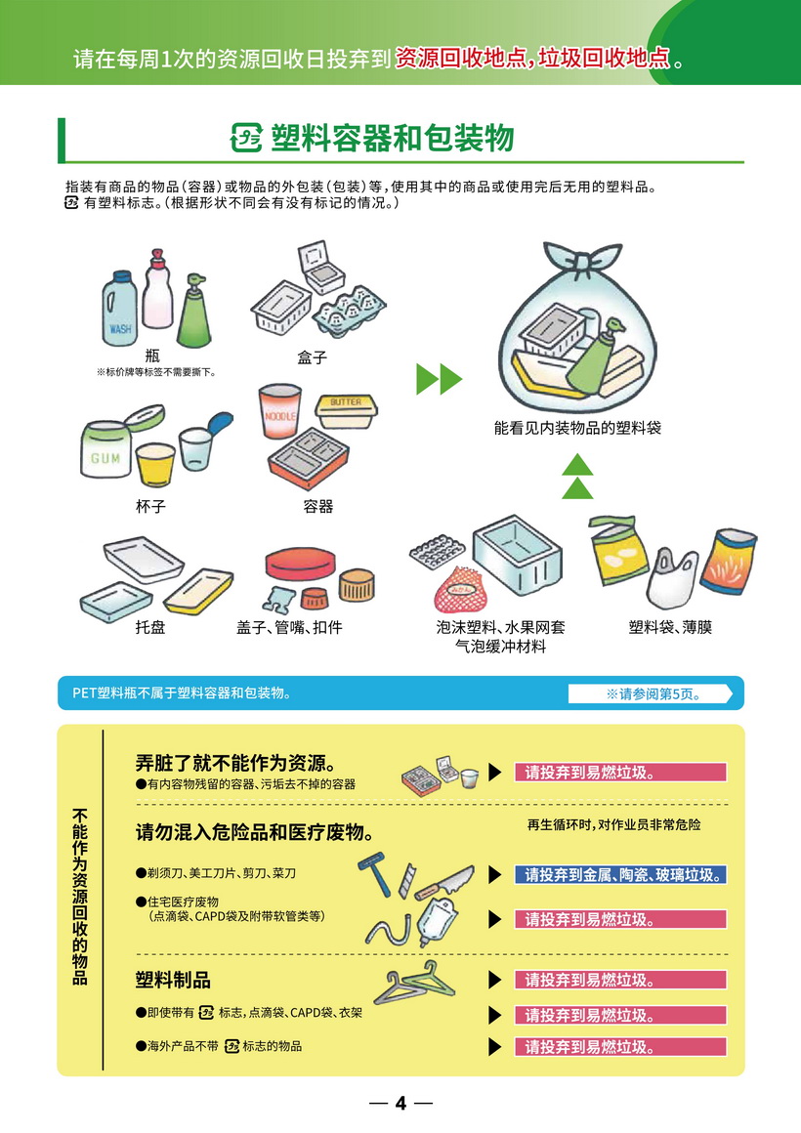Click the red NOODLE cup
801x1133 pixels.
[x=279, y=411]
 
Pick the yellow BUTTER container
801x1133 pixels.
[x=346, y=412]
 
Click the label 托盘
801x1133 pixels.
[x=150, y=627]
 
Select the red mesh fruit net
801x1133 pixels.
[x=463, y=590]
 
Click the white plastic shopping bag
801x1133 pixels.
[x=672, y=579]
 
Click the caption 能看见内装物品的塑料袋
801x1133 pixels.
[x=577, y=428]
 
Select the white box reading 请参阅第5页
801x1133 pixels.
[x=650, y=693]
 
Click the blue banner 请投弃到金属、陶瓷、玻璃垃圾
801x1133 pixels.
[x=620, y=875]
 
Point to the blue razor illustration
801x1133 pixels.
[x=375, y=874]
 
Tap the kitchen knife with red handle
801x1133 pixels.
[x=444, y=882]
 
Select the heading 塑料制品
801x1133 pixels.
[x=174, y=980]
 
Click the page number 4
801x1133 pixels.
[x=400, y=1103]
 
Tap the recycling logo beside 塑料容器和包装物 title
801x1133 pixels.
[x=246, y=138]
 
